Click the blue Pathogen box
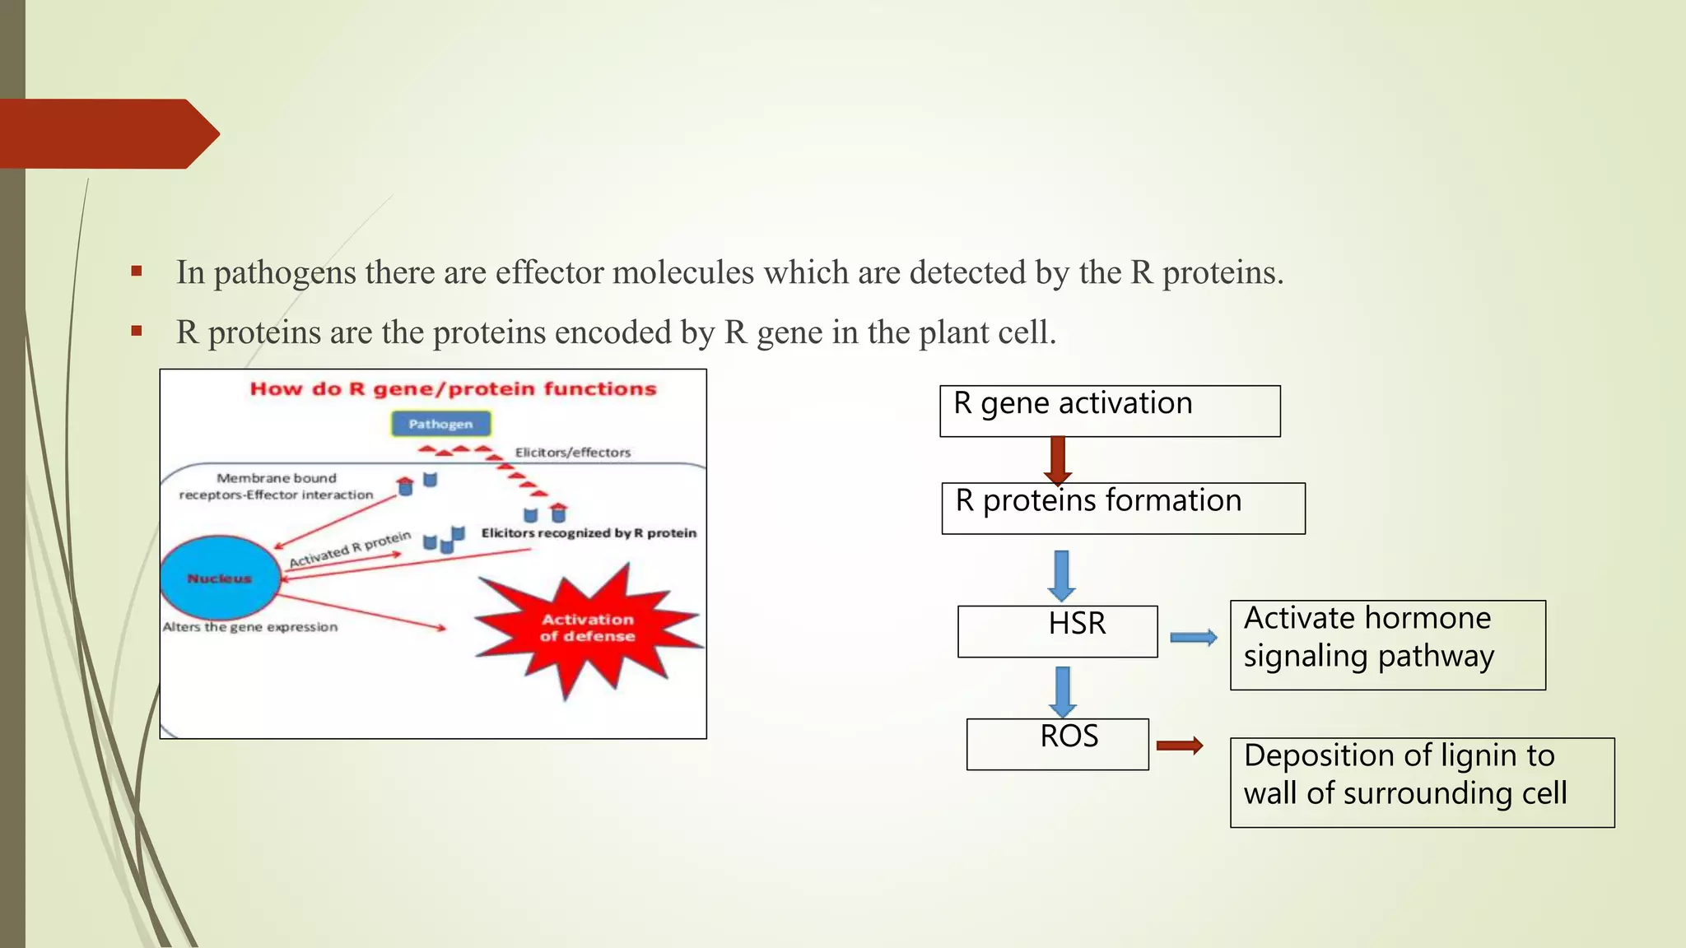(440, 424)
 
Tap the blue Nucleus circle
(220, 578)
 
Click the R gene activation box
(1110, 411)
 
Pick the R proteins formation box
(1123, 508)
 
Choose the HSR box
(1058, 631)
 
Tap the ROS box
(1058, 744)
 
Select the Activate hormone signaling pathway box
(1387, 644)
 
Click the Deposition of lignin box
(1422, 782)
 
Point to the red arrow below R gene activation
(1058, 460)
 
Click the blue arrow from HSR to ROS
(1062, 691)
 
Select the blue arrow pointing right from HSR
(1193, 637)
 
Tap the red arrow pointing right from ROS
(1179, 746)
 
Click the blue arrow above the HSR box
(1062, 575)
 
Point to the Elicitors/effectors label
(572, 453)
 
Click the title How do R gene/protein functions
(453, 388)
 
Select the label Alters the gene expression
(250, 627)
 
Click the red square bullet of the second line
(137, 331)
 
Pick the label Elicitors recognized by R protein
(589, 533)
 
